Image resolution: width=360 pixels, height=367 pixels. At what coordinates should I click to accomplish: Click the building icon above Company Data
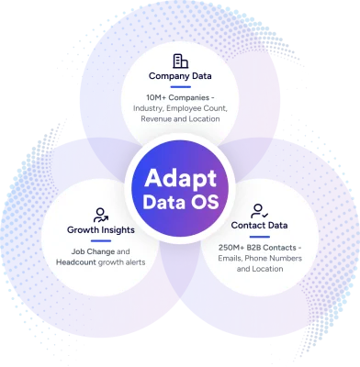click(x=180, y=61)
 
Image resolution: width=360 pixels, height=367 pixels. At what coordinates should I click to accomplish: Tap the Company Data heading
click(x=180, y=77)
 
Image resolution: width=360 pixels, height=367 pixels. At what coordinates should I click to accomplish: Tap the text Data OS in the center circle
click(x=180, y=202)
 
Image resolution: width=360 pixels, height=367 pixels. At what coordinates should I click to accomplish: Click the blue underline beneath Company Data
click(x=180, y=88)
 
